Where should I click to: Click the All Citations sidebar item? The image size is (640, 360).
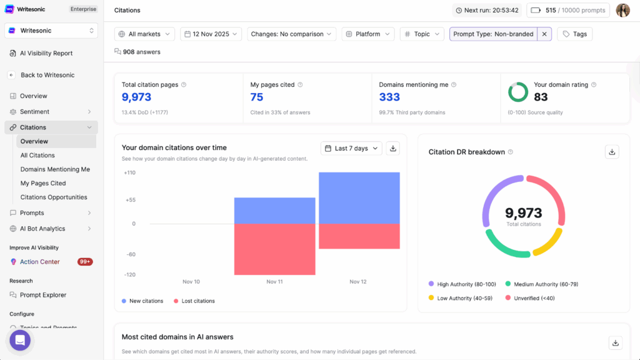click(37, 155)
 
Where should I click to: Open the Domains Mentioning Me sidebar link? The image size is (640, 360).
click(55, 169)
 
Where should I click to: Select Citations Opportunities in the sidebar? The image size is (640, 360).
click(54, 197)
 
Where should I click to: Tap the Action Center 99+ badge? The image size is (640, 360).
click(85, 262)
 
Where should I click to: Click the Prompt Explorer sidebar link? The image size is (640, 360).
click(43, 295)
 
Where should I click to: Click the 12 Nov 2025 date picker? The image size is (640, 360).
click(211, 34)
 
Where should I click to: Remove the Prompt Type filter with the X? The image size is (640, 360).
click(544, 34)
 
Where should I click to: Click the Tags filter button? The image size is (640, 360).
click(574, 34)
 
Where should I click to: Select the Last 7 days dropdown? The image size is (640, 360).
click(351, 148)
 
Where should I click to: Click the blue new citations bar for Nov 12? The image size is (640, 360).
click(359, 197)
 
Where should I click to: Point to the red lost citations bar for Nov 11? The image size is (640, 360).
click(274, 249)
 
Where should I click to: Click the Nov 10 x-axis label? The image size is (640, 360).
click(191, 282)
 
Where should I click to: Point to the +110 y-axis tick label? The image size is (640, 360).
click(129, 172)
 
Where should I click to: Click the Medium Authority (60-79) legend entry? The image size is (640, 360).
click(541, 284)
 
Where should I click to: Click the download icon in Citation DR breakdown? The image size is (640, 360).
click(612, 152)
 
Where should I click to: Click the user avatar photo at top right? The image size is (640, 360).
click(622, 10)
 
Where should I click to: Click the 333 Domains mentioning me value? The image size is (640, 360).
click(389, 97)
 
